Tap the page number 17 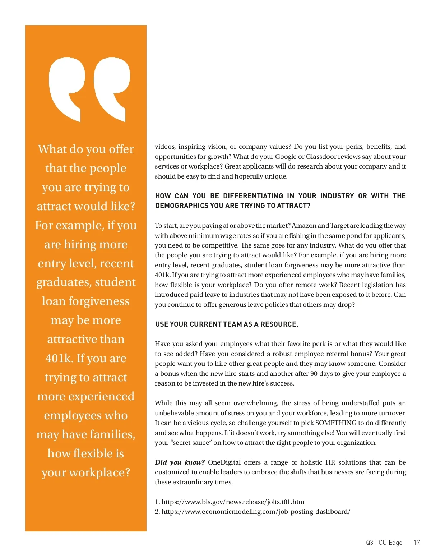416,543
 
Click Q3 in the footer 370,543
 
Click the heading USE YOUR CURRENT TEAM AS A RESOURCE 227,324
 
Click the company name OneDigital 224,462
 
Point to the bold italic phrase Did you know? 180,462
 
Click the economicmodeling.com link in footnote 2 256,512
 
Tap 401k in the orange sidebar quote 59,358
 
